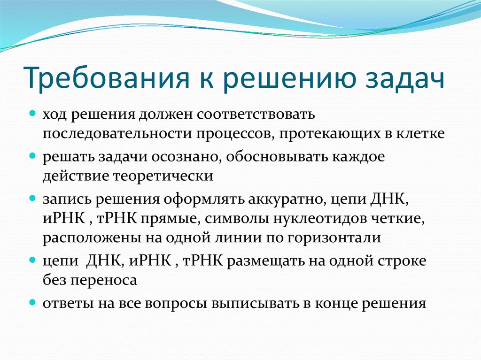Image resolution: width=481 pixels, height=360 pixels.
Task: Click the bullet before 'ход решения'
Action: coord(33,113)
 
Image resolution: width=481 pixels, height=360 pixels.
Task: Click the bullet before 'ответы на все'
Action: coord(33,302)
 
